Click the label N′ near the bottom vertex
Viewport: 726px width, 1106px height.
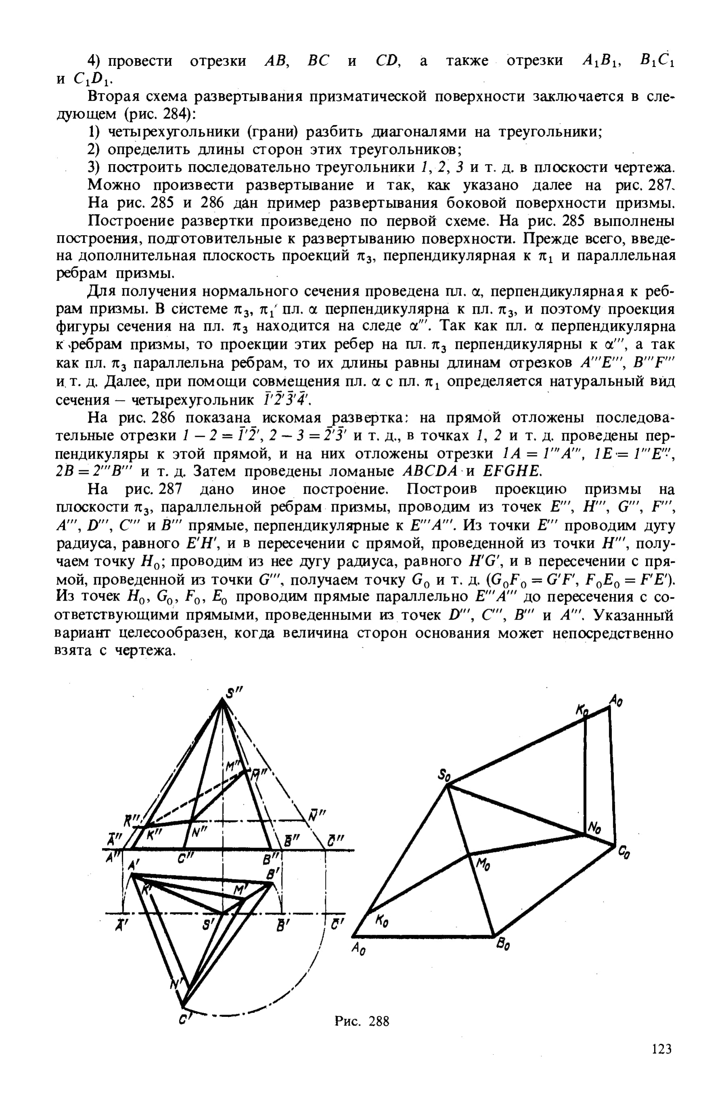pyautogui.click(x=176, y=984)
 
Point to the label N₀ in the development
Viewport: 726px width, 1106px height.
pyautogui.click(x=595, y=827)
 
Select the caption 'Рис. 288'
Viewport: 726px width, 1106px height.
pyautogui.click(x=362, y=1021)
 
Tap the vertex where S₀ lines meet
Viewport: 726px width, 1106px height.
pyautogui.click(x=447, y=785)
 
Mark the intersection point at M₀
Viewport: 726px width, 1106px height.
pyautogui.click(x=470, y=853)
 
